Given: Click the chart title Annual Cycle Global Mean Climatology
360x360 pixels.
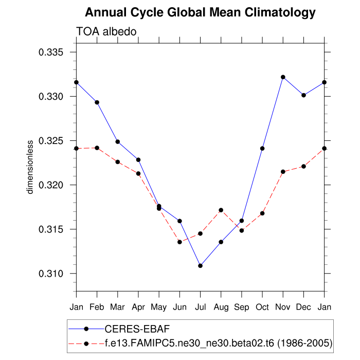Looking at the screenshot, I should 200,12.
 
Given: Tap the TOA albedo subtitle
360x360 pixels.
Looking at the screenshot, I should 106,31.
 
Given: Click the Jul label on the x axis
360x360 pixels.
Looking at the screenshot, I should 200,307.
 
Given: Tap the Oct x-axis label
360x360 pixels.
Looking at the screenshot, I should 262,307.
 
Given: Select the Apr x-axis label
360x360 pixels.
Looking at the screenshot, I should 138,307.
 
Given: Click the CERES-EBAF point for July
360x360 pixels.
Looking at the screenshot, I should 200,266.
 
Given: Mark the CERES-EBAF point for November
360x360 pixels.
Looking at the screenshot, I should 283,77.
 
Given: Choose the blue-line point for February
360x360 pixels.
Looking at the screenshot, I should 97,102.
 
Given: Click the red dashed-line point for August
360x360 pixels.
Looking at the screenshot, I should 221,210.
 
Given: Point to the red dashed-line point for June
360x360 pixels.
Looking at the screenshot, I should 179,242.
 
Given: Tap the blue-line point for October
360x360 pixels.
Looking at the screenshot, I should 262,148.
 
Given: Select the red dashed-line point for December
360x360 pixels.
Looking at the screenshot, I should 303,166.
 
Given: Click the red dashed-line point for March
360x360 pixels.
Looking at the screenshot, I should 118,161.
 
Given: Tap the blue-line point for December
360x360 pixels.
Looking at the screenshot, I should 303,95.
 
